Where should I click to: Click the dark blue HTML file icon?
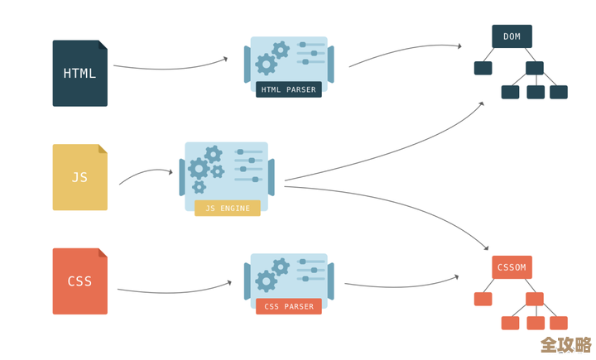click(x=79, y=73)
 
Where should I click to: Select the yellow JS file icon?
click(x=79, y=177)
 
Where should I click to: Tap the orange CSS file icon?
click(x=79, y=281)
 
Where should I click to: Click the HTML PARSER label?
click(x=289, y=89)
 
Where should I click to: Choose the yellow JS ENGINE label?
click(x=227, y=208)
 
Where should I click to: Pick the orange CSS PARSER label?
click(x=289, y=306)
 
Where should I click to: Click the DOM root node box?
click(x=512, y=36)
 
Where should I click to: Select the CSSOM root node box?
click(x=512, y=267)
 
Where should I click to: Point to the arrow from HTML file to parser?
click(x=170, y=65)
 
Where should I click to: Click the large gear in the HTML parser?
click(x=267, y=64)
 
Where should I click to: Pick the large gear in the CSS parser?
click(x=267, y=281)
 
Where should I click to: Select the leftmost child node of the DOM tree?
click(x=483, y=68)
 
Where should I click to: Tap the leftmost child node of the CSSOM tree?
click(x=483, y=299)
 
